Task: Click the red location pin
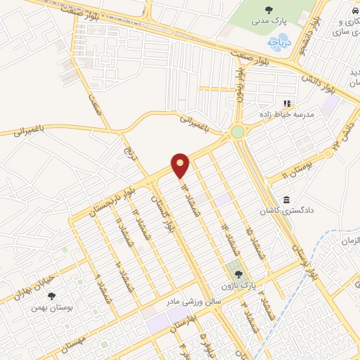181,165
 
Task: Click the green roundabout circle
237,131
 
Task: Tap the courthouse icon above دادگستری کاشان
286,200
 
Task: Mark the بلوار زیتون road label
241,84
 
